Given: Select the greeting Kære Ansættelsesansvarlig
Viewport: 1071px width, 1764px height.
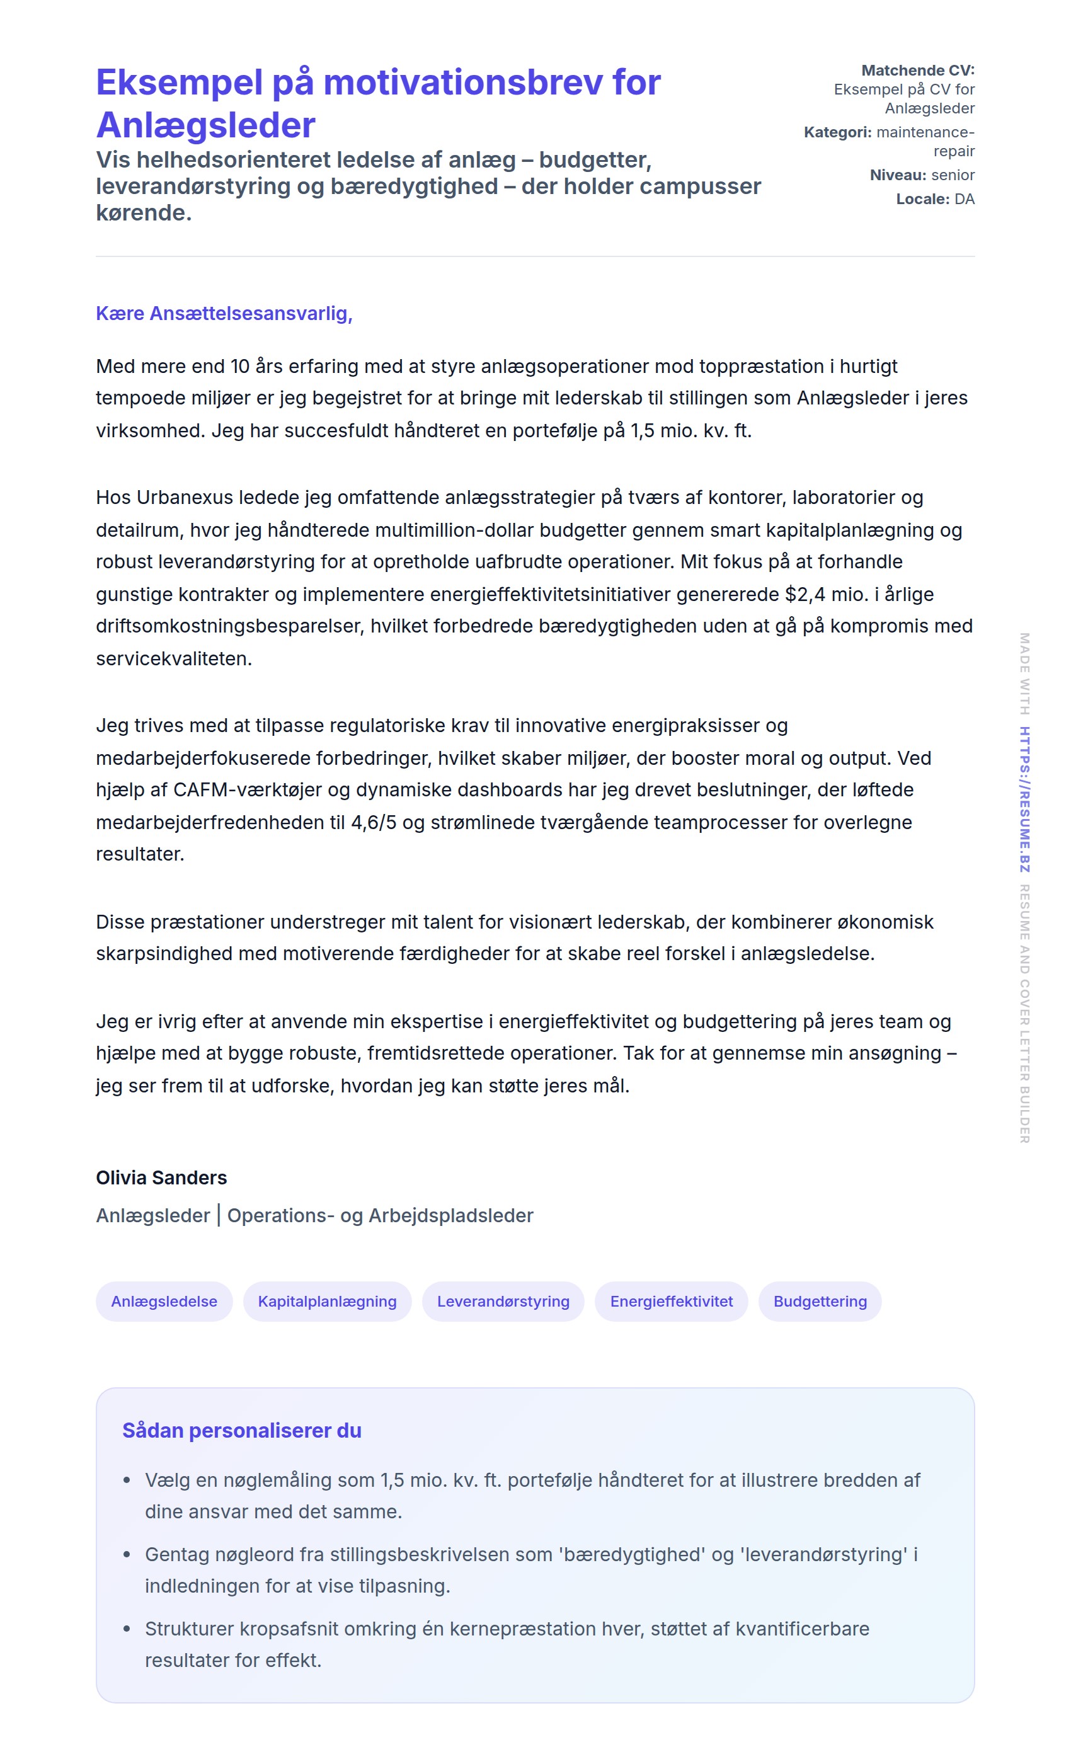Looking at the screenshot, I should [x=224, y=314].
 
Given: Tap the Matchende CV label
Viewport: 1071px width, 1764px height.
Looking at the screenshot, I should [x=917, y=70].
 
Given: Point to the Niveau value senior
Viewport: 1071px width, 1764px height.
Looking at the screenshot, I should [x=952, y=175].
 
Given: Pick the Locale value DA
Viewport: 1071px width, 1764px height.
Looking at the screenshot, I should [x=964, y=199].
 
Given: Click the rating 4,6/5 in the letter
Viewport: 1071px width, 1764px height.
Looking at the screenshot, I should [x=373, y=822].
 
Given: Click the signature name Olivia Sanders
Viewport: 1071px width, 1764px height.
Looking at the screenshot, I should [x=161, y=1177].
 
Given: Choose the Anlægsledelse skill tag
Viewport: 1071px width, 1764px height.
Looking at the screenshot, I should [x=164, y=1302].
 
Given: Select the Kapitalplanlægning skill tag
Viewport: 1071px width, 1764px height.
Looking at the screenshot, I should [x=327, y=1302].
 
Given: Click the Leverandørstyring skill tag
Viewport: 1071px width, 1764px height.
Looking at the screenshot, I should [x=503, y=1302].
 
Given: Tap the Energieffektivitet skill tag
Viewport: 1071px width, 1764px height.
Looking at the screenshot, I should [x=671, y=1302].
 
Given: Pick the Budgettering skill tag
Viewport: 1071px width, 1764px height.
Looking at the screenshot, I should [x=820, y=1302].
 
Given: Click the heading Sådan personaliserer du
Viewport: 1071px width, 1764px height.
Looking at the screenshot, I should [x=241, y=1430].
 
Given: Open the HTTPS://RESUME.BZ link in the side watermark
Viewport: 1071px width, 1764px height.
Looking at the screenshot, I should [x=1024, y=799].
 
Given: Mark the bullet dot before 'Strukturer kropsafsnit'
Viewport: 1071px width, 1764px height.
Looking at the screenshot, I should [x=127, y=1629].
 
